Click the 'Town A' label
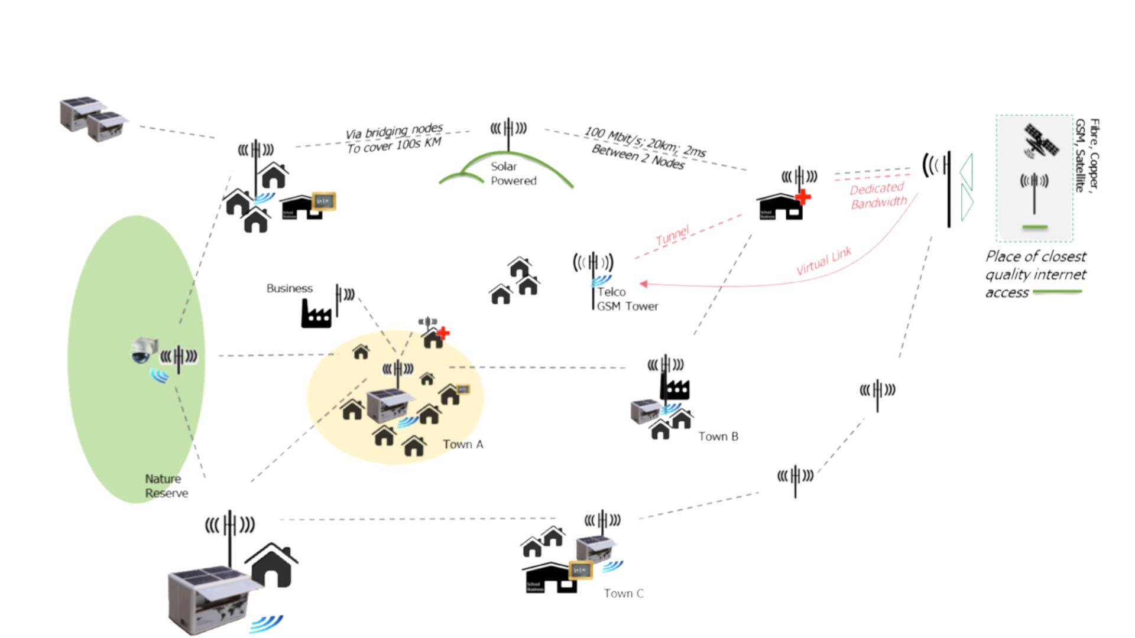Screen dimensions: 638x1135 tap(463, 444)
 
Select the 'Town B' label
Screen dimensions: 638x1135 tap(718, 437)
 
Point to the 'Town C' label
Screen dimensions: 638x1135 tap(624, 593)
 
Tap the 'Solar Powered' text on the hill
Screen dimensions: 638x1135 tap(513, 174)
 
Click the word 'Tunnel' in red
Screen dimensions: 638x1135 tap(672, 235)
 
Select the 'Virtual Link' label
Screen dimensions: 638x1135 tap(823, 261)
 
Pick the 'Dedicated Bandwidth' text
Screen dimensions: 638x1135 tap(878, 196)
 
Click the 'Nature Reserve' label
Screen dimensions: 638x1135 tap(166, 486)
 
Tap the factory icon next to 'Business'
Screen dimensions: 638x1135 tap(316, 313)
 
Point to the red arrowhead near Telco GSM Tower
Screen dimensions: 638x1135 tap(644, 284)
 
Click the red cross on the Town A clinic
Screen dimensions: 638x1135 tap(443, 333)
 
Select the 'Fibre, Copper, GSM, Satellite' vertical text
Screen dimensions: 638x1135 tap(1087, 155)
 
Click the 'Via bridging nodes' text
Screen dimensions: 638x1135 tap(394, 131)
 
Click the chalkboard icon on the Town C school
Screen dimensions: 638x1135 tap(580, 570)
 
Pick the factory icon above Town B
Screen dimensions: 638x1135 tap(675, 389)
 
